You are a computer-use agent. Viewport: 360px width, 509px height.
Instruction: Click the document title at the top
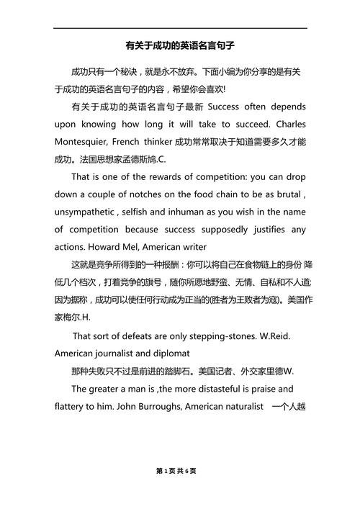tap(180, 45)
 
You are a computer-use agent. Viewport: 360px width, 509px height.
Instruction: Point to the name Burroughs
tap(161, 407)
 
